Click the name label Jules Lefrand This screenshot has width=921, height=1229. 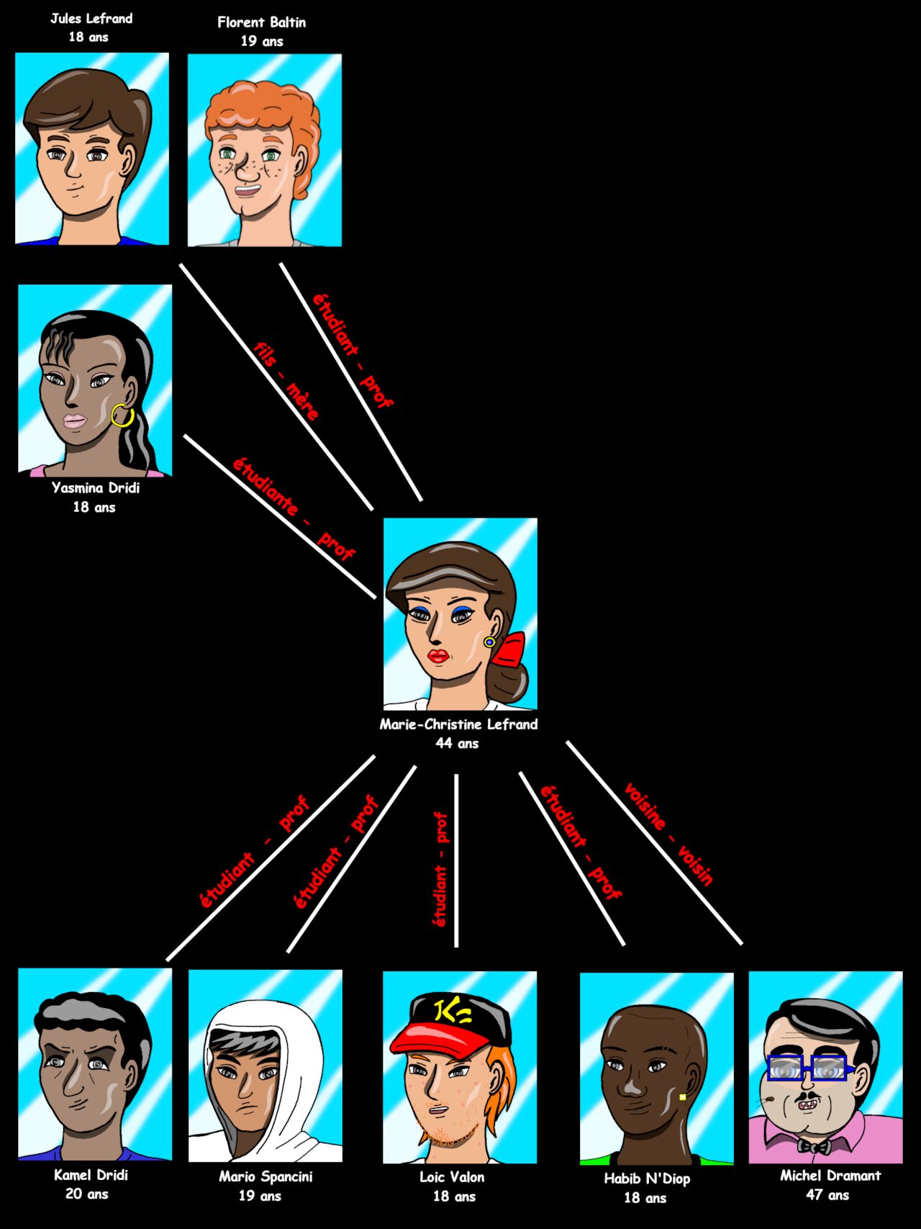tap(91, 19)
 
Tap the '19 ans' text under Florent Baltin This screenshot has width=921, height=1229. tap(262, 41)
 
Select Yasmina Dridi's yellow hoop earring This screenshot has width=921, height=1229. tap(122, 415)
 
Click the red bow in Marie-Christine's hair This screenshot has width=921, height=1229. tap(509, 649)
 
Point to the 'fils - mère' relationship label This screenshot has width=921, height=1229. tap(286, 381)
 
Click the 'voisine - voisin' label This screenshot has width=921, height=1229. tap(668, 834)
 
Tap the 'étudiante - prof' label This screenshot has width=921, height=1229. tap(294, 508)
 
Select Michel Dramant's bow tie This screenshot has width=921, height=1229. tap(813, 1145)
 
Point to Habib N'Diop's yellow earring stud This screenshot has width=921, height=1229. tap(682, 1097)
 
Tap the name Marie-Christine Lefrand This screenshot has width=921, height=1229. tap(458, 724)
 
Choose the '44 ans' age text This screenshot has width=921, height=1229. tap(457, 743)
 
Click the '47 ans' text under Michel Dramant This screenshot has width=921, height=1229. tap(827, 1194)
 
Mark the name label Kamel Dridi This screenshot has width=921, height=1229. tap(91, 1175)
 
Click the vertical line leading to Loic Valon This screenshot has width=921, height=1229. tap(456, 860)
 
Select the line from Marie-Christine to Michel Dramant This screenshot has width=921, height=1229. tap(654, 842)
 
